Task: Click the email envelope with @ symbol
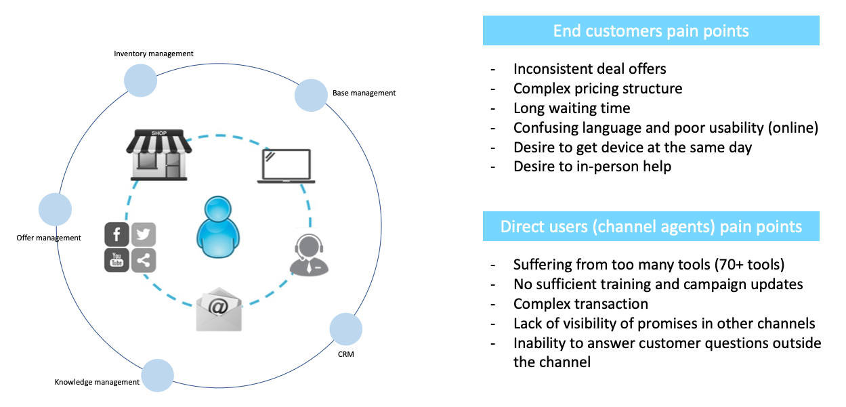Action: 218,309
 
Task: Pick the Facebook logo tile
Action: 117,234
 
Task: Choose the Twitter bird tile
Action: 143,234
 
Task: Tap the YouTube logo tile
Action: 117,260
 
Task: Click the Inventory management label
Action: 154,53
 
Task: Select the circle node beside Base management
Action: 311,95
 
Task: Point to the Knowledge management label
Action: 97,382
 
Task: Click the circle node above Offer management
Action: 56,209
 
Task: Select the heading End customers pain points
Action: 650,30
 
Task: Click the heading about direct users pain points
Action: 650,226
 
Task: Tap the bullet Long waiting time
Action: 572,108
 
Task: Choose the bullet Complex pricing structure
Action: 597,89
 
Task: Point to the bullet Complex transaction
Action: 580,303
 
